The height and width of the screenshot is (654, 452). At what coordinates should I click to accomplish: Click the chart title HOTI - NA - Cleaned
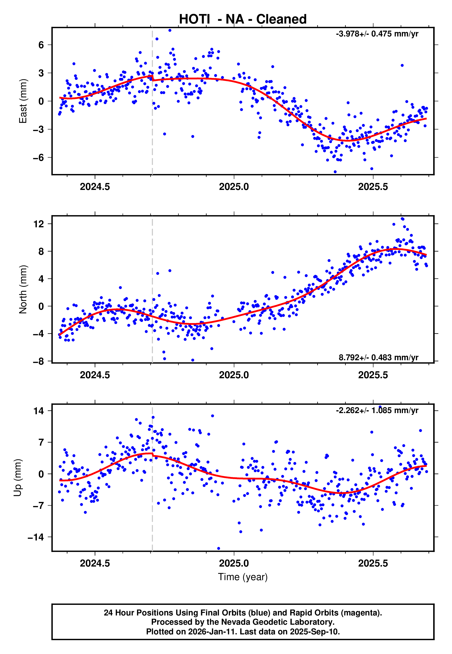(x=243, y=19)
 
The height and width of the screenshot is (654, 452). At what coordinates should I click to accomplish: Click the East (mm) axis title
(x=23, y=101)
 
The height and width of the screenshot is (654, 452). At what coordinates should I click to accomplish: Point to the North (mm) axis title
(x=23, y=289)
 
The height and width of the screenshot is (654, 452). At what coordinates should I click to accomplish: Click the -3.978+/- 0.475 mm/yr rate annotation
(x=377, y=34)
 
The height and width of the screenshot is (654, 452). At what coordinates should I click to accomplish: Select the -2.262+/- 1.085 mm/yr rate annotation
(x=377, y=410)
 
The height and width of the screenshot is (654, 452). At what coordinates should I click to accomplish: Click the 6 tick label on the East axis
(x=41, y=45)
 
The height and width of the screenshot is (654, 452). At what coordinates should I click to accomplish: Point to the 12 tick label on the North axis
(x=39, y=224)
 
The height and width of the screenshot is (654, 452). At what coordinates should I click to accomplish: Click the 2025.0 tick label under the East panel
(x=234, y=187)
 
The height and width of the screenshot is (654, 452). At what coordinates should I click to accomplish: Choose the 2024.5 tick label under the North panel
(x=95, y=375)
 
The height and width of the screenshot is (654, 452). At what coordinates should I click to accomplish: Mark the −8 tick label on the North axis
(x=39, y=361)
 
